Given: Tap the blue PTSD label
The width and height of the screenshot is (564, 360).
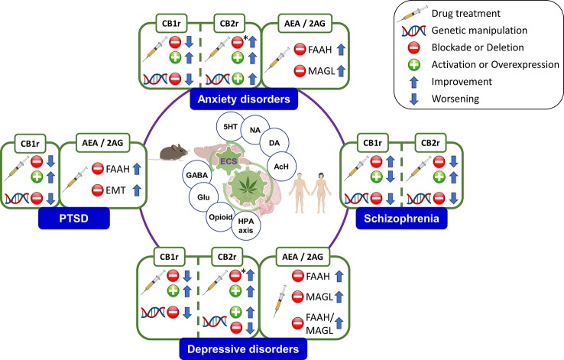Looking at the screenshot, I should (74, 220).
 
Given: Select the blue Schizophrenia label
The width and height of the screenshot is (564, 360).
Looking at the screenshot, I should (399, 221).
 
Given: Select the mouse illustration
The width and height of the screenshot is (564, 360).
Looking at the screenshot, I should (177, 151).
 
